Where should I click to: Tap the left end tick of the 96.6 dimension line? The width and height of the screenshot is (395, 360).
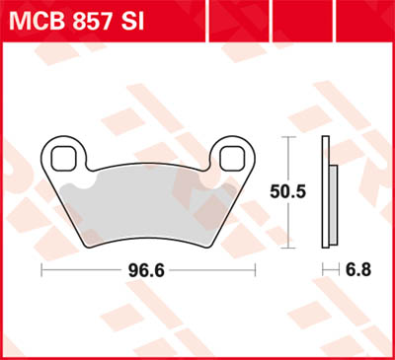[x=40, y=269]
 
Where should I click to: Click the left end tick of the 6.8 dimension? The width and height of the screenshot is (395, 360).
[x=322, y=269]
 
